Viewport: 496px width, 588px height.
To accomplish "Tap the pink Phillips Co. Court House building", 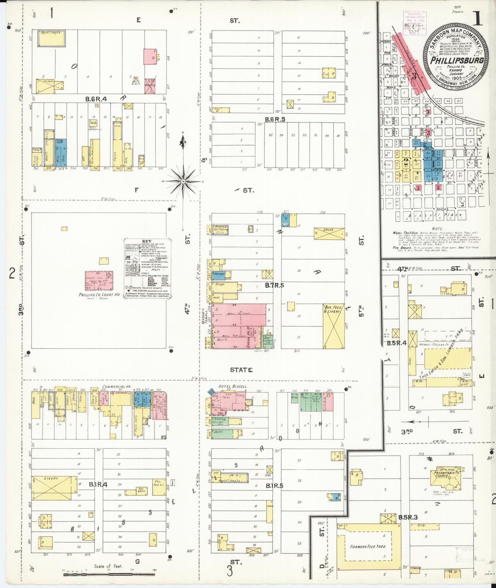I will [99, 280].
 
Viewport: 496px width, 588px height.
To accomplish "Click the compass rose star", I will [183, 181].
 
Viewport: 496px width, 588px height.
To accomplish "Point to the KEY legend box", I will [147, 269].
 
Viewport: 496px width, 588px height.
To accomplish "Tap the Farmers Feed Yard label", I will [368, 546].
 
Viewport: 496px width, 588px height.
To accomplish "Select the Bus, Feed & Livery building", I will [333, 326].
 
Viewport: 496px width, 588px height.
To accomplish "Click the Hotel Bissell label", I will [232, 387].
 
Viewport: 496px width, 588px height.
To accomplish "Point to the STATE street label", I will [241, 370].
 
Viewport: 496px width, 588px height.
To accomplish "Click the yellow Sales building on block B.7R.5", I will [328, 233].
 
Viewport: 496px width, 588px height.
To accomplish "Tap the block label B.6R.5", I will [275, 119].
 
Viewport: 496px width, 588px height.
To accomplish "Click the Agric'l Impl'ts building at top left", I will [51, 38].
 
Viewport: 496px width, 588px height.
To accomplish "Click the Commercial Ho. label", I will [116, 386].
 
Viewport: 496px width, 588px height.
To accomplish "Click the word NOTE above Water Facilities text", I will [437, 229].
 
